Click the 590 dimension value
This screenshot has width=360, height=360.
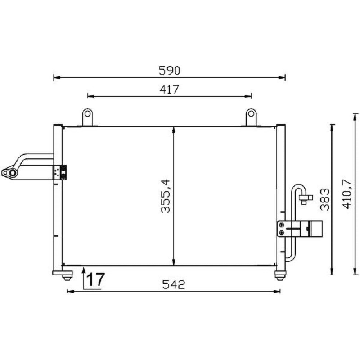point(169,71)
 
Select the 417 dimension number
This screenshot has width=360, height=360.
point(169,89)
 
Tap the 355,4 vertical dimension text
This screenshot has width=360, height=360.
point(166,196)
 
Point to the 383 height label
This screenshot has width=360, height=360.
point(324,199)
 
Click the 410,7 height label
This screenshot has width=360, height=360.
point(346,194)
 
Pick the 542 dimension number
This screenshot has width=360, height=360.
point(173,284)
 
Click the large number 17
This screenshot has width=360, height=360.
point(96,279)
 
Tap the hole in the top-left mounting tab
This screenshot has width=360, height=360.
point(87,113)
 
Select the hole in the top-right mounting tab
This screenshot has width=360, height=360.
point(251,113)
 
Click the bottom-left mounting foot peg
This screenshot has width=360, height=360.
point(67,278)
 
